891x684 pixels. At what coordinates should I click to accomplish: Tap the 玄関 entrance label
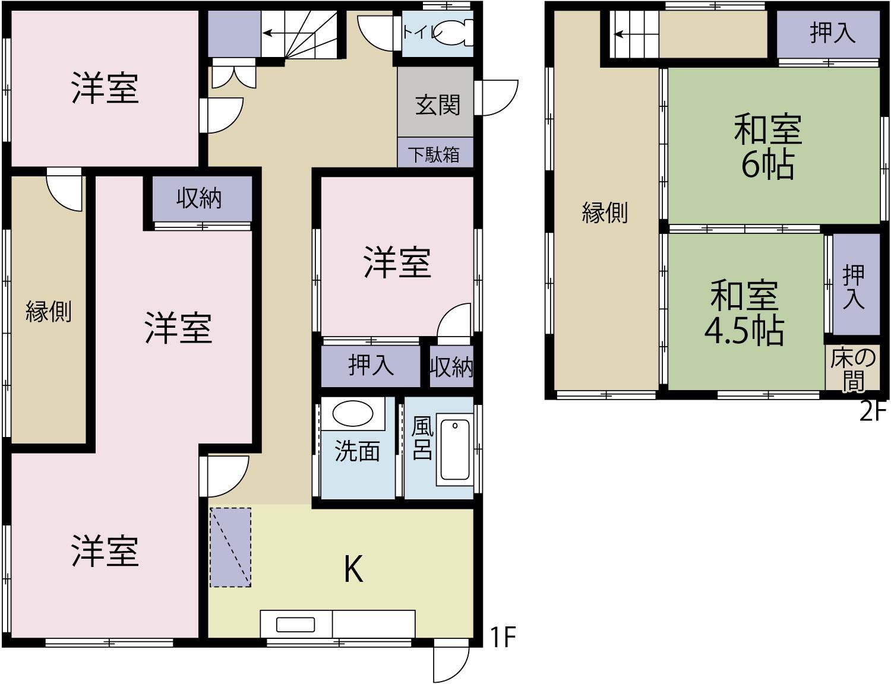[437, 105]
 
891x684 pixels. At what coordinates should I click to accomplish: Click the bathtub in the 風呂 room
[455, 449]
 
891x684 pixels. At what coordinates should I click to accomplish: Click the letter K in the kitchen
[353, 569]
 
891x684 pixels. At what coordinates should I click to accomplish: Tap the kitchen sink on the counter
[295, 625]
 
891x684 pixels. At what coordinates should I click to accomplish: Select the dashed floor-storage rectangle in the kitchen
[230, 547]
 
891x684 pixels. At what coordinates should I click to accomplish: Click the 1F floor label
[502, 637]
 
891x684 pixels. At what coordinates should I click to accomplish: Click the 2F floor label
[873, 411]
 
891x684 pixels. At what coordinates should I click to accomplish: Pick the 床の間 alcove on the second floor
[852, 369]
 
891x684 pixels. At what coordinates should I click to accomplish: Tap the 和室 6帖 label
[768, 147]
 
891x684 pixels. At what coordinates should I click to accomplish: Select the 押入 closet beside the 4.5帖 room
[855, 285]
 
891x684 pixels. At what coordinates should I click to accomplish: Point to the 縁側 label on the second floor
[604, 212]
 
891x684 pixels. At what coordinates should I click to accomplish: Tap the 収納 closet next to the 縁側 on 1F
[199, 199]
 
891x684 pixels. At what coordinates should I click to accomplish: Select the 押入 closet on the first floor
[371, 365]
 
